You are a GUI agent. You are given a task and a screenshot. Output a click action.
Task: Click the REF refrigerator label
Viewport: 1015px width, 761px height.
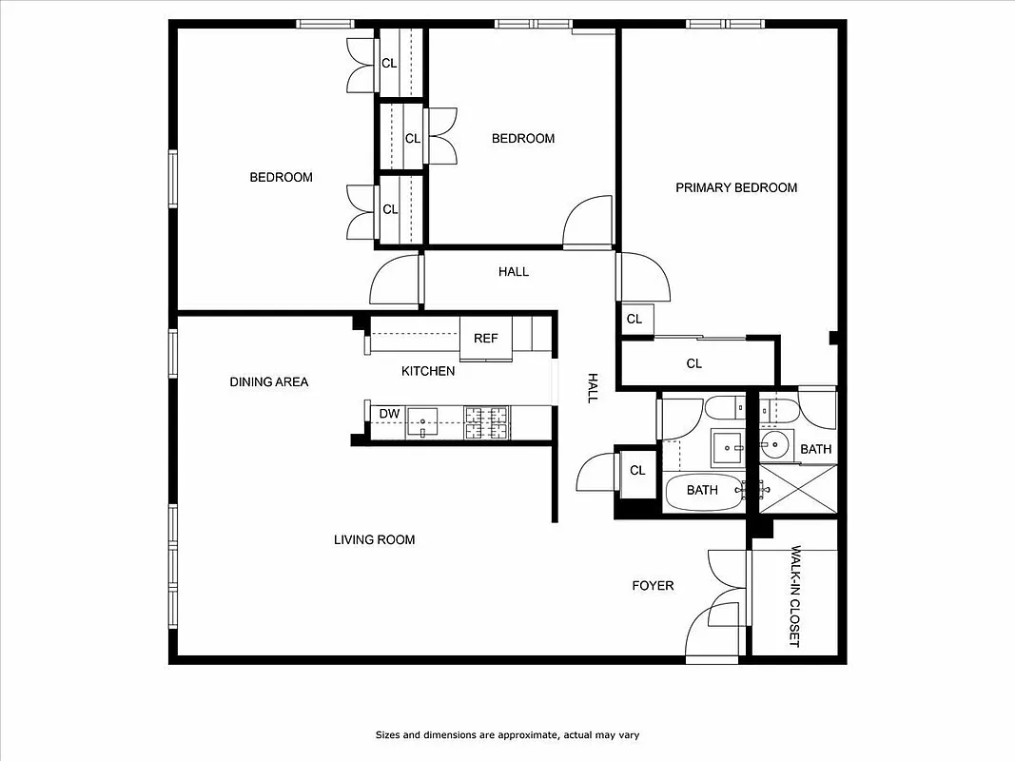485,339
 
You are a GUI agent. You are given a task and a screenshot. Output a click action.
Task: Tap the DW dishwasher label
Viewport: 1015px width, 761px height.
389,414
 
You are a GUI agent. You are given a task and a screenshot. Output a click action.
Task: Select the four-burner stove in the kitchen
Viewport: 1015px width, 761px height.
486,421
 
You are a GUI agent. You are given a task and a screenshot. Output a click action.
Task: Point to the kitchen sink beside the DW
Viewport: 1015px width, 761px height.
422,420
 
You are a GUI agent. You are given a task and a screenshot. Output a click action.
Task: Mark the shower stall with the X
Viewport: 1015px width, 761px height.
799,490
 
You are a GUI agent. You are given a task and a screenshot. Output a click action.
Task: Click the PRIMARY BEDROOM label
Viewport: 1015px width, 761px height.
736,187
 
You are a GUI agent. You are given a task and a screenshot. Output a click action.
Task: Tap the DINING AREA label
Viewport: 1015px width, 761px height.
269,381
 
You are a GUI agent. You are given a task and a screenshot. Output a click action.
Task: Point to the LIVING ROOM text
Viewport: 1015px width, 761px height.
374,539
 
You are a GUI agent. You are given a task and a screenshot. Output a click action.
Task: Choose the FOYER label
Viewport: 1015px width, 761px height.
653,585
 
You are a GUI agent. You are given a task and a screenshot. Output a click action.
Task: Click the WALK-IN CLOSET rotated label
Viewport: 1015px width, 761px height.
796,596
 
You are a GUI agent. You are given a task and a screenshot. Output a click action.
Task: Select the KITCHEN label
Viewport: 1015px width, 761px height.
428,371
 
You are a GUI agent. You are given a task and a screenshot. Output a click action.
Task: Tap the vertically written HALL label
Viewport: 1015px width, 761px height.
592,387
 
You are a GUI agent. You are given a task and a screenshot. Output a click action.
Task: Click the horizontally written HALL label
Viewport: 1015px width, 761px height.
514,271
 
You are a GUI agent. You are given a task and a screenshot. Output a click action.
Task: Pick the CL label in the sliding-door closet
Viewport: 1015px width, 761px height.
694,363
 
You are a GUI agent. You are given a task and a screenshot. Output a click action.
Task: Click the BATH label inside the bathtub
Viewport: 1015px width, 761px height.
702,490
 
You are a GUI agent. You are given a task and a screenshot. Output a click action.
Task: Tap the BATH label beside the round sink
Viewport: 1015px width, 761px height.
815,449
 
